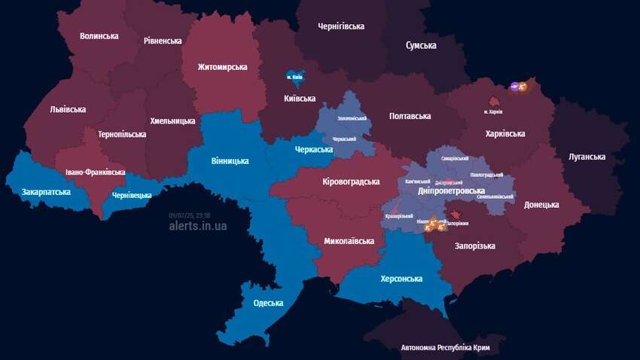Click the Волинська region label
[x=99, y=35]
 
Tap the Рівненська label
[x=163, y=41]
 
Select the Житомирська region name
[x=222, y=67]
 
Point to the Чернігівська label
[x=342, y=26]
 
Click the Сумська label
[x=421, y=46]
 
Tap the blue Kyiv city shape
[x=293, y=77]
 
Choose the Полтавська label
[x=410, y=116]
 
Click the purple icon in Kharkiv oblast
[x=515, y=87]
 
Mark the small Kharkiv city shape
[x=495, y=101]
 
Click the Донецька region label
[x=541, y=205]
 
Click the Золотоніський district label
[x=352, y=118]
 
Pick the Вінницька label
[x=229, y=160]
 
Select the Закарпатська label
[x=46, y=192]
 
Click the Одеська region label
[x=268, y=304]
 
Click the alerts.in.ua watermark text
[x=197, y=225]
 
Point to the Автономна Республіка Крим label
[x=450, y=348]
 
